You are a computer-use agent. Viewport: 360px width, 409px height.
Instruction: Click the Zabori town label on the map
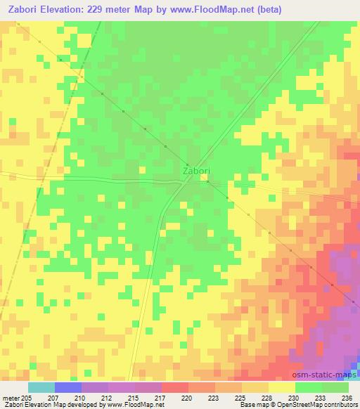coord(196,171)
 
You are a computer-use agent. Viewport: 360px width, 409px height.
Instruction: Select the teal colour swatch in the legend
coord(41,387)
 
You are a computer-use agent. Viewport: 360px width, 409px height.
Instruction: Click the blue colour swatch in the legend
coord(68,387)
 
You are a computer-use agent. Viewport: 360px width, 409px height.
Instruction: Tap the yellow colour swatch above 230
coord(282,387)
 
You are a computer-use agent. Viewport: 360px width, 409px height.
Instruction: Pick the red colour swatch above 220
coord(175,387)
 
